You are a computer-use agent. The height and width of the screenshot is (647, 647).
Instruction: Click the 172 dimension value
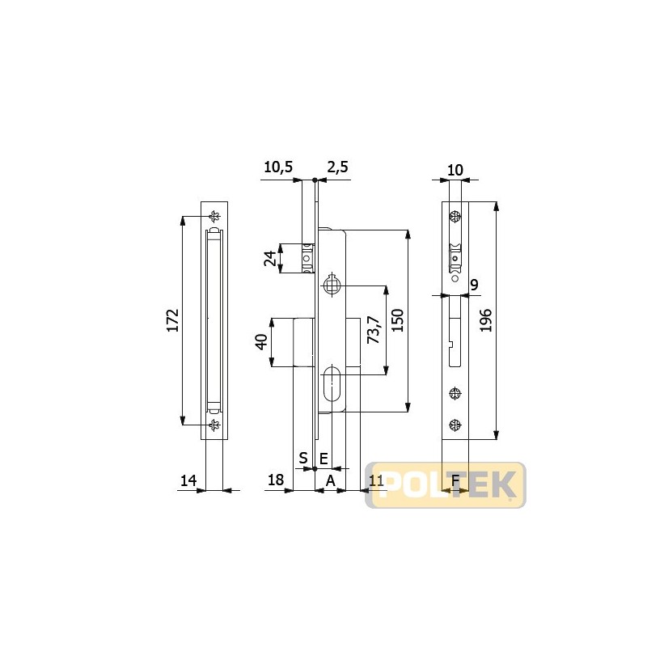pos(172,320)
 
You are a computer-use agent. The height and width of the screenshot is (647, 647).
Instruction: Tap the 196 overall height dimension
pos(486,320)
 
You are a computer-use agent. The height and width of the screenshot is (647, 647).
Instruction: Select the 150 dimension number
pos(397,320)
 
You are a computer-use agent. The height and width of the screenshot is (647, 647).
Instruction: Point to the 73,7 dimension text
pos(374,330)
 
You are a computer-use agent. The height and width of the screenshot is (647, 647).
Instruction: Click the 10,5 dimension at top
pos(278,167)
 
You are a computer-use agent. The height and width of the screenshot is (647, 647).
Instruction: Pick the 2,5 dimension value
pos(337,167)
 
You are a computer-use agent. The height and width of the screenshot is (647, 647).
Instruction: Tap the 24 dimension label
pos(270,259)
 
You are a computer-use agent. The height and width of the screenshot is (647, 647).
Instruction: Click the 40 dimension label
pos(261,341)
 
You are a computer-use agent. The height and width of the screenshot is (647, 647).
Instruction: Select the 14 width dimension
pos(188,480)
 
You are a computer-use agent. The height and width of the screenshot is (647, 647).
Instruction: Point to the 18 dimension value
pos(276,480)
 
